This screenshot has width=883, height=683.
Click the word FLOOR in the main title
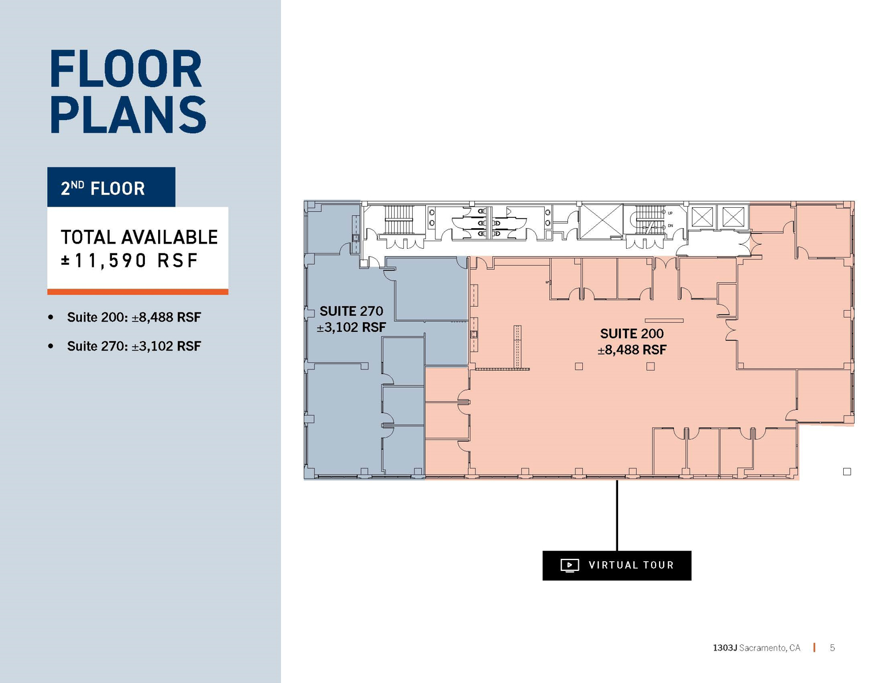[x=126, y=69]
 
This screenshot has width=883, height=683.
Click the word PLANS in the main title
[x=128, y=115]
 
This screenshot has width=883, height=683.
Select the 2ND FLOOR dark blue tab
[x=111, y=187]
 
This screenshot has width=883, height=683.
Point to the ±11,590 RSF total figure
[x=130, y=261]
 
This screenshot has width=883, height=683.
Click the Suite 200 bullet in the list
[x=134, y=317]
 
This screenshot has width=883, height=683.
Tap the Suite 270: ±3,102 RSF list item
[x=134, y=346]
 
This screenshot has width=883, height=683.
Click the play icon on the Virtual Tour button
[x=569, y=565]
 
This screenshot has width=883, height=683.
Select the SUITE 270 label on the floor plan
[x=351, y=311]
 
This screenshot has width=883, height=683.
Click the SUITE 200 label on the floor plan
[x=632, y=334]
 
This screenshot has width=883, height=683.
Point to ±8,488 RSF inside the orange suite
[x=632, y=350]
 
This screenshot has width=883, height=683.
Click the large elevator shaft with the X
[x=601, y=221]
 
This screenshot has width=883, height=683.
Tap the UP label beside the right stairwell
[x=670, y=213]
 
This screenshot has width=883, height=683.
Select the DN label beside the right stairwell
[x=670, y=226]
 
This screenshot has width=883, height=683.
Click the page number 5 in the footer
[x=832, y=648]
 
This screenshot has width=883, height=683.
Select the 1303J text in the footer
[x=724, y=648]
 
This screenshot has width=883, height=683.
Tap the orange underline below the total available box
[x=138, y=292]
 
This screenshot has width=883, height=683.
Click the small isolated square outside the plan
[x=847, y=472]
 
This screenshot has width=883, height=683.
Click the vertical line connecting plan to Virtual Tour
[x=617, y=515]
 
